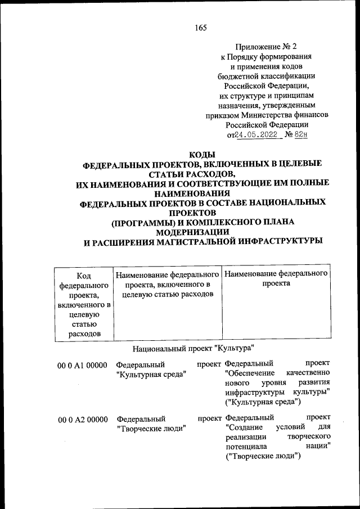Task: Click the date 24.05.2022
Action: point(256,135)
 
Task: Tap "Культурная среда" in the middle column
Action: point(151,375)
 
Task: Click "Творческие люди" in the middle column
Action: point(151,429)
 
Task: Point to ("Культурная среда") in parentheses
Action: point(263,401)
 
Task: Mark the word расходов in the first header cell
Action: point(84,334)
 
